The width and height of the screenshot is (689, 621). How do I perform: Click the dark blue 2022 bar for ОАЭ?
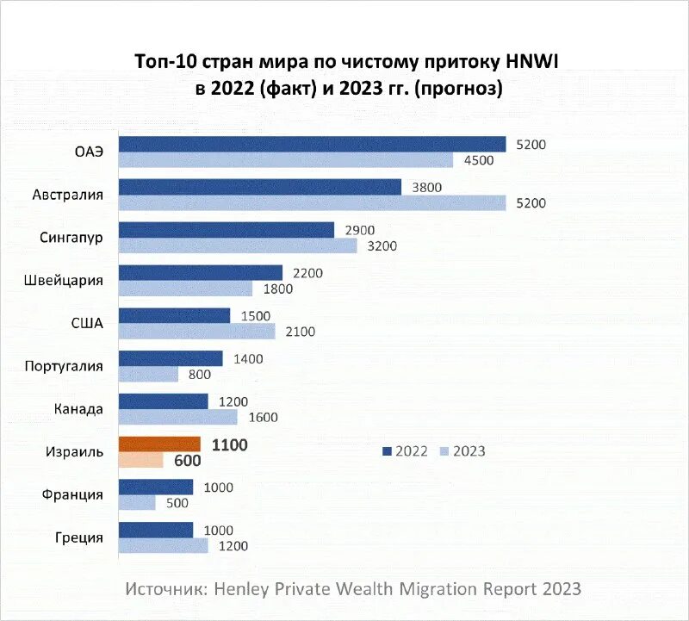click(312, 144)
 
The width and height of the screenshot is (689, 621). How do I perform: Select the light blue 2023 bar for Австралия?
click(312, 202)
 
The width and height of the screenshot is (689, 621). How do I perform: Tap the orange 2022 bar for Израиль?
click(159, 444)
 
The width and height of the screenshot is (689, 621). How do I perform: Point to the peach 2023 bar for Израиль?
click(140, 460)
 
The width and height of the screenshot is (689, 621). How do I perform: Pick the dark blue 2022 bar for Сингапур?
click(226, 229)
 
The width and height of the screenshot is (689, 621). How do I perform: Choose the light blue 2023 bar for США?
click(196, 332)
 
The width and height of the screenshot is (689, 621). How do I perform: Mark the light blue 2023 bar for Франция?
click(137, 503)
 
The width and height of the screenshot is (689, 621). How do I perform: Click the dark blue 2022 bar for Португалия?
click(171, 358)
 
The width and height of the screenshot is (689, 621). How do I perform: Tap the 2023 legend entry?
click(463, 450)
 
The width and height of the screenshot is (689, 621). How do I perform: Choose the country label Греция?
click(78, 537)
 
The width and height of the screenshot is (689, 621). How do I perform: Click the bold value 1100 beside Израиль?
click(228, 444)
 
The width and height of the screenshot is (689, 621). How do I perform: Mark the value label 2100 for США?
click(301, 332)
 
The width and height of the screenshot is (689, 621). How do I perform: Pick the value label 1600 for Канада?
click(264, 418)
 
